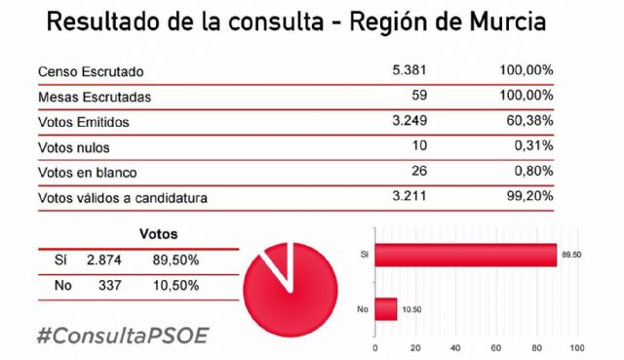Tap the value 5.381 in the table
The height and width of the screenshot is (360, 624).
tap(408, 71)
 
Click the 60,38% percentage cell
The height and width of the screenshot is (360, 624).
tap(527, 122)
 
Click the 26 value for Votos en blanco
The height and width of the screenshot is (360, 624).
tap(418, 173)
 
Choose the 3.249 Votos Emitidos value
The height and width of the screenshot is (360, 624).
tap(408, 122)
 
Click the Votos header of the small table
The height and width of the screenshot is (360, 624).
tap(159, 235)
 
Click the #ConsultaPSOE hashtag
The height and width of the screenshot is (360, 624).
tap(122, 335)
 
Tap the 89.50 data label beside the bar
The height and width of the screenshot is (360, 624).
tap(571, 255)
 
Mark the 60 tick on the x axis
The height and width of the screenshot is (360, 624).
tap(496, 347)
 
